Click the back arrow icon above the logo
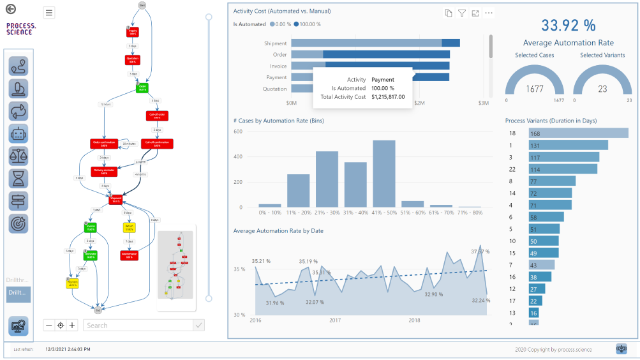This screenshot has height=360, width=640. (x=10, y=9)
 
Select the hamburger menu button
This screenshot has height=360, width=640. (x=50, y=13)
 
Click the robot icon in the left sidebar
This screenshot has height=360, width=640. (x=19, y=133)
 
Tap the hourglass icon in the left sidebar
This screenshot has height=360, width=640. (x=19, y=179)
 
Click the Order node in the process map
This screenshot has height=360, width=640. (x=143, y=87)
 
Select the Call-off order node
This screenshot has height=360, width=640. (x=156, y=116)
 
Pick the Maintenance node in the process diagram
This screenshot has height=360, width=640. (x=129, y=255)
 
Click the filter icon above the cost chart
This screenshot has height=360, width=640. (x=462, y=13)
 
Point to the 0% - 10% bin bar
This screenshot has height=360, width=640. (x=269, y=206)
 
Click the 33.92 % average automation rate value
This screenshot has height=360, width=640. (x=568, y=26)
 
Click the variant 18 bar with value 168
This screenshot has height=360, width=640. (x=578, y=133)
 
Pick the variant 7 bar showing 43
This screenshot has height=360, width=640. (x=541, y=265)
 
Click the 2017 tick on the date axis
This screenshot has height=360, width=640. (x=334, y=320)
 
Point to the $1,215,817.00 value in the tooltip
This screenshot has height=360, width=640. (x=388, y=97)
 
